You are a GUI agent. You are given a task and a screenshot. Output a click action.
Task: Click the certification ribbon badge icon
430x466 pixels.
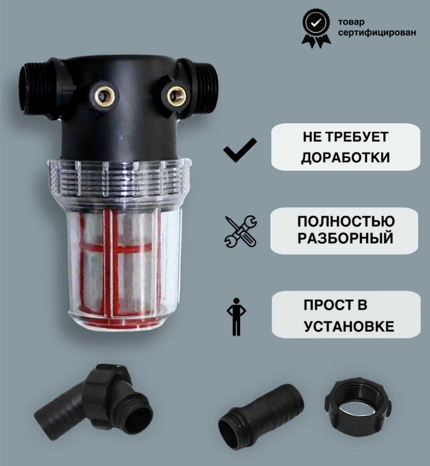point(316,28)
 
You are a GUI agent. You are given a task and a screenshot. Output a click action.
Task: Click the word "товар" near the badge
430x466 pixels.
point(351,22)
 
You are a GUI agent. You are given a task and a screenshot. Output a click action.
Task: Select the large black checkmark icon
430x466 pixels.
point(240,150)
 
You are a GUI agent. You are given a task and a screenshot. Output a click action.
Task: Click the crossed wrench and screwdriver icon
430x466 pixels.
point(241,232)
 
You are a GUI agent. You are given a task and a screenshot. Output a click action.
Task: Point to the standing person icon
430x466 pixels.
point(237,317)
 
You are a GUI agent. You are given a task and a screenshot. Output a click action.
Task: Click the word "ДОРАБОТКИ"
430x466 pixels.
point(345,157)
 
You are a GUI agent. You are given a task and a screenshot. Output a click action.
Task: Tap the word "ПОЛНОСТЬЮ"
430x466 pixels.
point(346,221)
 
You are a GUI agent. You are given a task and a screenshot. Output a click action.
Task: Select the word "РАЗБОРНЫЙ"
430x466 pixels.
point(345,238)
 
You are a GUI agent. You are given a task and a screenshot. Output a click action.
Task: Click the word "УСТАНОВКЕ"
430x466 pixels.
point(349,326)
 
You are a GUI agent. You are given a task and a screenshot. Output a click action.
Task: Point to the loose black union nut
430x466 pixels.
point(358,401)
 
